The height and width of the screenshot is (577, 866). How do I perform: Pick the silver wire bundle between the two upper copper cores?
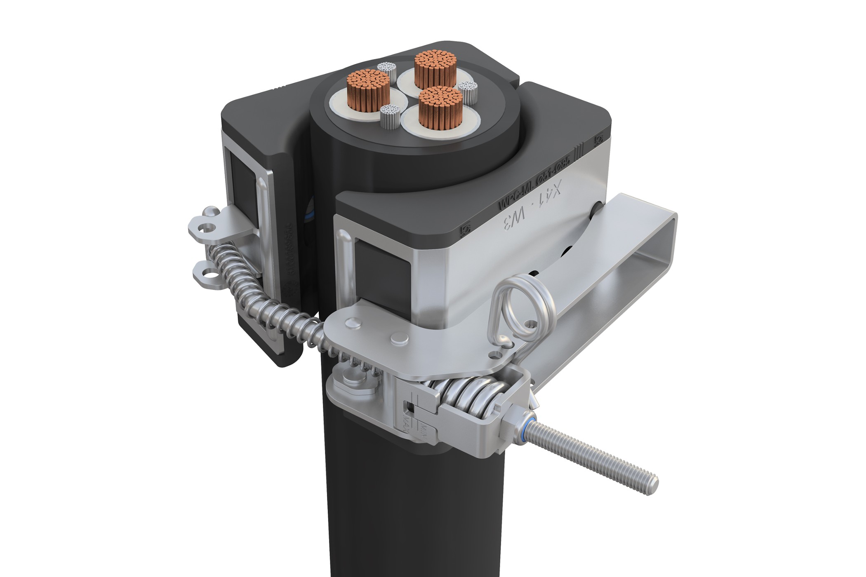[x=386, y=70]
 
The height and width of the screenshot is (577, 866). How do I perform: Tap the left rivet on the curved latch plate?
[x=353, y=323]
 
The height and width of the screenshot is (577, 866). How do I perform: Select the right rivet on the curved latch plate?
[x=398, y=339]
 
